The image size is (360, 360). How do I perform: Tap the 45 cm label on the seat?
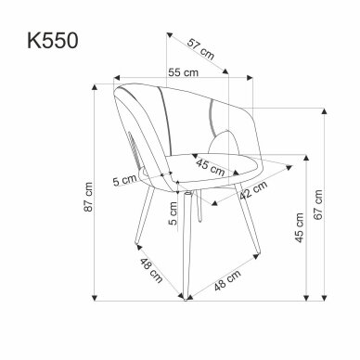(x=211, y=167)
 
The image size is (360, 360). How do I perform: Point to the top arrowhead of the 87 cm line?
(x=96, y=84)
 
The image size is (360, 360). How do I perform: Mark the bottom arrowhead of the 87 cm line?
(x=96, y=298)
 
